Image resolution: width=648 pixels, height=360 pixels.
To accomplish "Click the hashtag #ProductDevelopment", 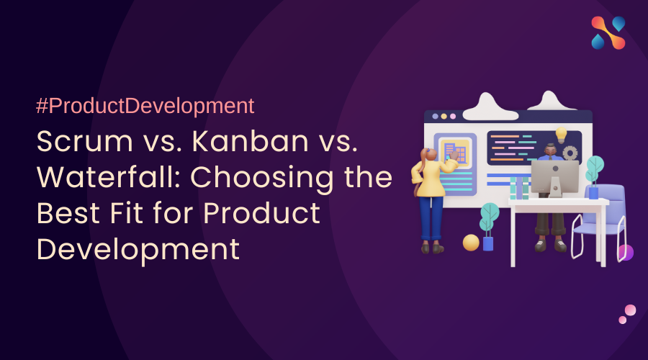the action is click(x=145, y=106).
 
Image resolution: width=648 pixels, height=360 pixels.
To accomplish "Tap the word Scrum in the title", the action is click(x=85, y=141).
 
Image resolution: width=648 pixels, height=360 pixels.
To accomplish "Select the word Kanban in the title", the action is click(x=251, y=141).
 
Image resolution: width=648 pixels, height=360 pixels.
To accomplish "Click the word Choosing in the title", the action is click(x=262, y=179).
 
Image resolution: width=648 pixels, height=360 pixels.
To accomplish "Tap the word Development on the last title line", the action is click(x=138, y=250).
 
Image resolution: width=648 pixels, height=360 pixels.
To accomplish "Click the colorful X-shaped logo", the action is click(x=608, y=32).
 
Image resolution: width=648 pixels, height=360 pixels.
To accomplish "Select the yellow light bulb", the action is click(x=561, y=135).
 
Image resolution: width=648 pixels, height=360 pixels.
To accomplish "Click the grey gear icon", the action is click(x=570, y=153).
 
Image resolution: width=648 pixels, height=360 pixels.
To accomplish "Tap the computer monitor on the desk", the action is click(x=554, y=178).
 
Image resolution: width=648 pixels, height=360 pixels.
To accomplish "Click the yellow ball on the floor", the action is click(x=471, y=243).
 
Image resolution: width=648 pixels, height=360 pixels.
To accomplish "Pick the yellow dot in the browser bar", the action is click(x=444, y=117).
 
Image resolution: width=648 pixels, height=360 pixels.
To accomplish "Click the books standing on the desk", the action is click(x=519, y=188).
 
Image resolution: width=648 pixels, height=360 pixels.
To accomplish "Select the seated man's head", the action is click(x=551, y=150).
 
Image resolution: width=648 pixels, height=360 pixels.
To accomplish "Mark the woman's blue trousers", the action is click(x=431, y=218).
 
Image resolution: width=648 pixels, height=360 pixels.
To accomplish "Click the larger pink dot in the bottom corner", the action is click(x=630, y=310).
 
